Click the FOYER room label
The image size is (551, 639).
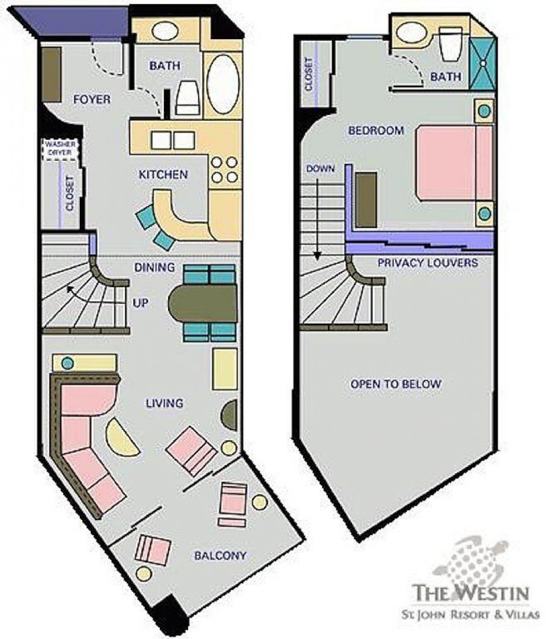pos(92,99)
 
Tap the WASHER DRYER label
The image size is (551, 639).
pos(60,149)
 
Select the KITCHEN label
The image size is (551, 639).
pos(163,175)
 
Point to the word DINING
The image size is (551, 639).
pos(154,267)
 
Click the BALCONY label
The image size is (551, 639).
pos(221,556)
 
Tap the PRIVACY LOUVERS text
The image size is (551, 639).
pos(427,263)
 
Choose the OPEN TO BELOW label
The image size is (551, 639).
pos(396,384)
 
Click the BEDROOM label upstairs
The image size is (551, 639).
pos(376,130)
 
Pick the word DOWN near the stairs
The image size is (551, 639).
pos(320,169)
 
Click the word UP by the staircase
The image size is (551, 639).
pos(140,303)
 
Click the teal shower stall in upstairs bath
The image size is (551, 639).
pos(483,63)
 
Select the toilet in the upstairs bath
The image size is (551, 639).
pos(451,44)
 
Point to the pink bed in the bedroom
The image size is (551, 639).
pos(454,163)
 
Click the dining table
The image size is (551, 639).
pos(202,303)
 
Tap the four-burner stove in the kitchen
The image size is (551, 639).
pos(224,170)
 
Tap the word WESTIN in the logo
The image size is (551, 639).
pos(494,593)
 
